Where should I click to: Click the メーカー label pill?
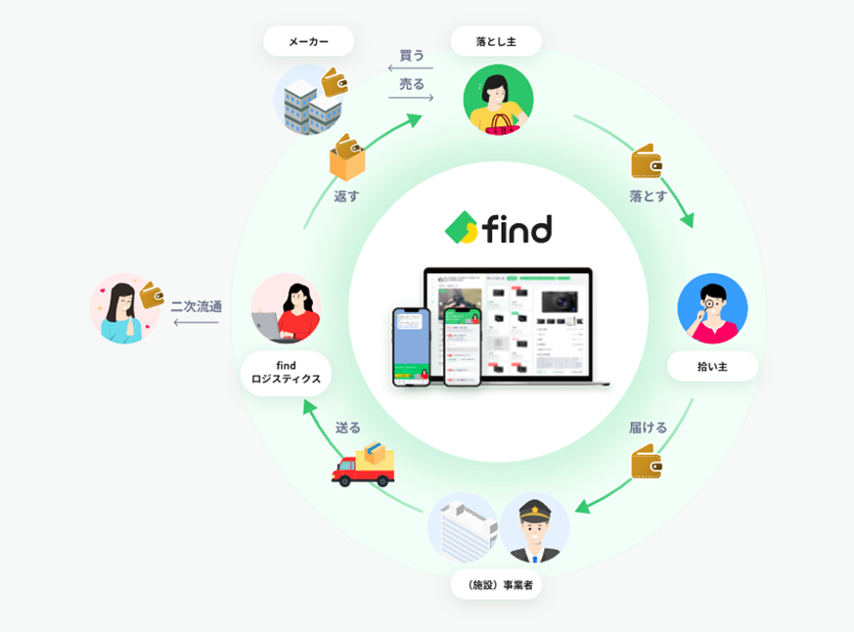pyautogui.click(x=308, y=41)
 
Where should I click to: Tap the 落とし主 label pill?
pyautogui.click(x=496, y=41)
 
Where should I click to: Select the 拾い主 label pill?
pyautogui.click(x=712, y=366)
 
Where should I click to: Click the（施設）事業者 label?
pyautogui.click(x=496, y=585)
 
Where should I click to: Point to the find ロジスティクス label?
pyautogui.click(x=286, y=373)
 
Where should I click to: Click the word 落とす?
pyautogui.click(x=649, y=196)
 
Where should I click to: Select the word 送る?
pyautogui.click(x=348, y=428)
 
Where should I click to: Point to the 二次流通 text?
pyautogui.click(x=196, y=306)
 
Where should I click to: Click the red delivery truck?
pyautogui.click(x=364, y=466)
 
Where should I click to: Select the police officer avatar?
pyautogui.click(x=534, y=527)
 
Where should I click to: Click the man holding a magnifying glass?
pyautogui.click(x=712, y=308)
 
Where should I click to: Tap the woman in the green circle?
pyautogui.click(x=498, y=99)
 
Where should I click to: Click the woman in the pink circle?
pyautogui.click(x=124, y=308)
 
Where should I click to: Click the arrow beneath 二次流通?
pyautogui.click(x=196, y=322)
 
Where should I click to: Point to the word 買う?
pyautogui.click(x=412, y=55)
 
